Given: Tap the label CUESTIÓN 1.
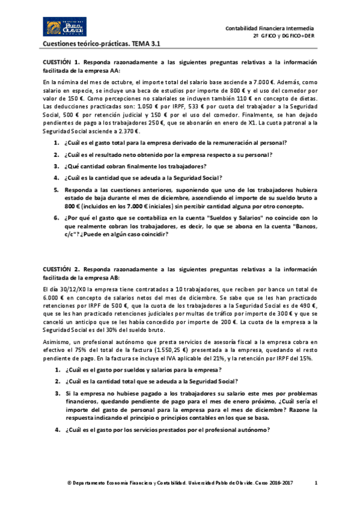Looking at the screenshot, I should pos(60,62).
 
